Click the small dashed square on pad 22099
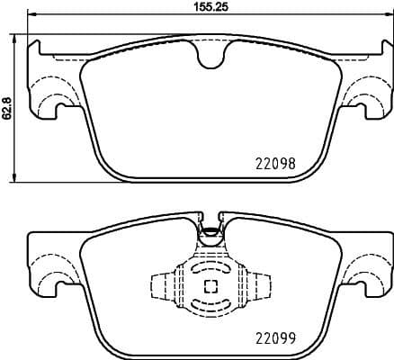(210, 287)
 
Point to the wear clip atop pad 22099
(210, 231)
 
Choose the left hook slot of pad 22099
(60, 287)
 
